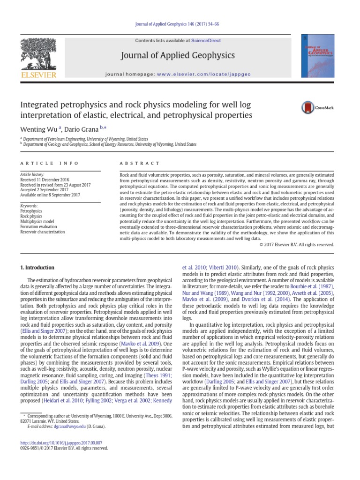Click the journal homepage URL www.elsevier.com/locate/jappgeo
pyautogui.click(x=194, y=75)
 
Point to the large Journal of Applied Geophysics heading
pyautogui.click(x=178, y=56)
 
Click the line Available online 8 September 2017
pyautogui.click(x=50, y=195)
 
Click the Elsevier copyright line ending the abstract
pyautogui.click(x=297, y=244)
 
